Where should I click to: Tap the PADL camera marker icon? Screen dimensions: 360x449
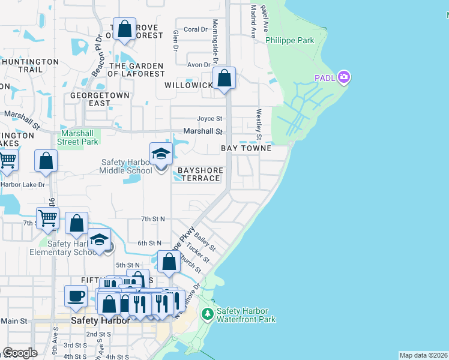pos(344,77)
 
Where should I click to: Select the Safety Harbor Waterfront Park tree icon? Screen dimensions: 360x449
pos(207,314)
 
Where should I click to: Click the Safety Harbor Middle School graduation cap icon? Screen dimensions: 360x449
pos(161,155)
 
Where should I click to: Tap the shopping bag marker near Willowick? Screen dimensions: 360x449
pos(224,79)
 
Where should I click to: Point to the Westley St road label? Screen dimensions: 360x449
pos(259,120)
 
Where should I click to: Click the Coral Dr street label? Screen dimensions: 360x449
pos(195,29)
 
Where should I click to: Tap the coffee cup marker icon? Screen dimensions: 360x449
pos(76,296)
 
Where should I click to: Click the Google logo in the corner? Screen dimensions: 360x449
pos(19,353)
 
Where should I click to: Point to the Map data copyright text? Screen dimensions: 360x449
pos(423,355)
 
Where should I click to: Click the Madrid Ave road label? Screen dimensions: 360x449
pos(254,22)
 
